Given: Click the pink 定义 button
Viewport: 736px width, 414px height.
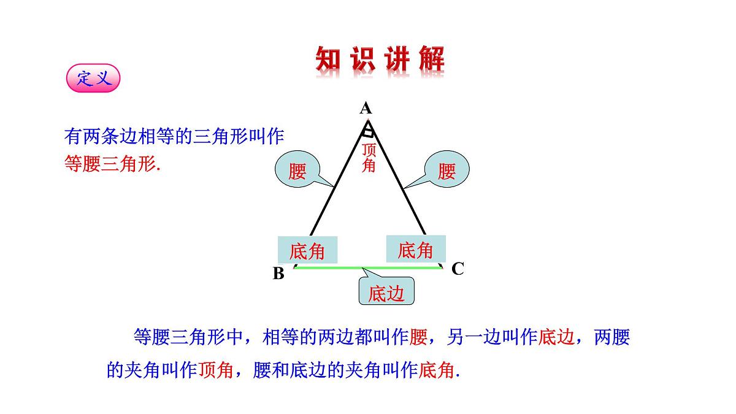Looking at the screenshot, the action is (x=93, y=79).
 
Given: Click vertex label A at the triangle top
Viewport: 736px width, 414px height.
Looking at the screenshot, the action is (x=366, y=108).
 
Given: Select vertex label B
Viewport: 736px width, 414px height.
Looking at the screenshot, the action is (x=278, y=273).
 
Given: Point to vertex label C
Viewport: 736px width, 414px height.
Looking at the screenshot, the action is (x=458, y=269).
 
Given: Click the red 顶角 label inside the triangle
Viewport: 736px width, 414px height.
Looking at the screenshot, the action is (x=369, y=158).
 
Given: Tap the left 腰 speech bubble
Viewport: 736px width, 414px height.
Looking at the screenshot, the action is (x=297, y=169).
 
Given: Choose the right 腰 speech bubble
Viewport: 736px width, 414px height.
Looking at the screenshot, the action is (x=447, y=169).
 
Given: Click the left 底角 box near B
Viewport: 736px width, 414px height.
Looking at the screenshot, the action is (x=307, y=250).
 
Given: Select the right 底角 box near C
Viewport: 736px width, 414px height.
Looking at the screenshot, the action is (x=416, y=249).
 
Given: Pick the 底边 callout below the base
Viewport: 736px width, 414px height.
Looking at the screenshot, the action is (x=386, y=291).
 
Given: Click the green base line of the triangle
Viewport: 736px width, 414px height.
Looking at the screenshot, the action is (x=368, y=268).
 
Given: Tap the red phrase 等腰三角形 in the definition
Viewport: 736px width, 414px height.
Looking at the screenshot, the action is (x=110, y=164).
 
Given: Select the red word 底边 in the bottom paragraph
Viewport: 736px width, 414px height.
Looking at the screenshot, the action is (x=556, y=337).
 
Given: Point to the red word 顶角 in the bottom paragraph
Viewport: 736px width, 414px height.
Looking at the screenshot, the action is (x=215, y=370).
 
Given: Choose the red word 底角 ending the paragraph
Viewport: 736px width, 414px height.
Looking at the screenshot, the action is (x=436, y=370).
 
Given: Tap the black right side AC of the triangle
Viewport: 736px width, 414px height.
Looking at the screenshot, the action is (x=397, y=178).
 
